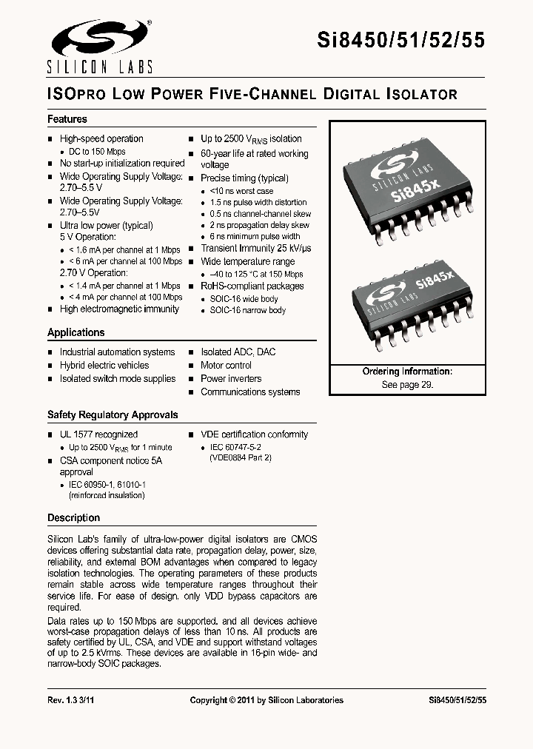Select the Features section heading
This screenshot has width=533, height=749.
(x=67, y=119)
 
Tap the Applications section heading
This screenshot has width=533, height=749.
(x=76, y=332)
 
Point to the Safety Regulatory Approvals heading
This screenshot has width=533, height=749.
(x=113, y=415)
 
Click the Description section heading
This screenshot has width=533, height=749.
(x=73, y=518)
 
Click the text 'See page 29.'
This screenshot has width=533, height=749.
(x=407, y=385)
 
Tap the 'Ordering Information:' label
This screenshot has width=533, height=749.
(x=407, y=372)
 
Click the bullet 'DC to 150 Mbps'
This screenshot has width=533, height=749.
(x=97, y=152)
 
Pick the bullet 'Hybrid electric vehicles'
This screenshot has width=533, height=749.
(x=104, y=366)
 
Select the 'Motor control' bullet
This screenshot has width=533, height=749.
(x=226, y=366)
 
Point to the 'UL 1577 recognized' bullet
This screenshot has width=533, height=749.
(x=98, y=434)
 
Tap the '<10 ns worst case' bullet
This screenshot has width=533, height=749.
(x=241, y=191)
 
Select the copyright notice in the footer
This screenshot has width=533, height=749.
(x=266, y=700)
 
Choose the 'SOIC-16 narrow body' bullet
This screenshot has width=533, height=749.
(x=247, y=311)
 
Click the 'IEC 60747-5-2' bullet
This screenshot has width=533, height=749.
(x=235, y=448)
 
